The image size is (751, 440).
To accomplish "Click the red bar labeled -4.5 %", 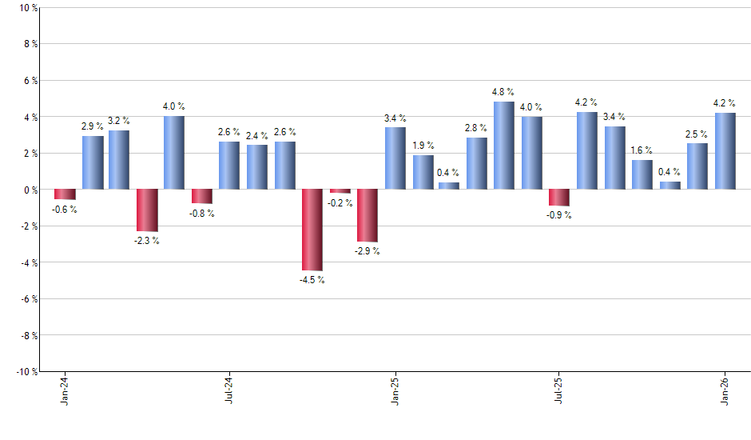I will point(312,230).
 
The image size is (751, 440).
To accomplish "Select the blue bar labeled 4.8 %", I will point(504,146).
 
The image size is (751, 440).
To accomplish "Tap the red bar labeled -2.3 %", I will point(147,210).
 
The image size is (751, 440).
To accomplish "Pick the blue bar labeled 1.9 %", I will point(423,172).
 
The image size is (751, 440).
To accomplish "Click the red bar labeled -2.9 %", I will point(368,215).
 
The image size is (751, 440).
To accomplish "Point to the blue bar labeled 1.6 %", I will point(642,174).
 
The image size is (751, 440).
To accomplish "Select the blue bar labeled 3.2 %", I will point(119,160).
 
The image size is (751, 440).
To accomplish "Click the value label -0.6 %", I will point(65,210).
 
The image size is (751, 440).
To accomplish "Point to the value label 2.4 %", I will point(257,135).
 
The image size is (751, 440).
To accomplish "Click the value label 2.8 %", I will point(477,128).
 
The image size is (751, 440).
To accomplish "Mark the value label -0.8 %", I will point(202,214).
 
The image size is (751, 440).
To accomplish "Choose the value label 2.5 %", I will point(697,134).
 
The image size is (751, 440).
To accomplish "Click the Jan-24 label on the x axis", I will point(65,390).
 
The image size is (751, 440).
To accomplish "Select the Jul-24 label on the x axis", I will point(230,390).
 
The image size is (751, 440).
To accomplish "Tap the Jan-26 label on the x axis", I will point(725,390).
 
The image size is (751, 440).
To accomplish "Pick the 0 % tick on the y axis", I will point(29,190).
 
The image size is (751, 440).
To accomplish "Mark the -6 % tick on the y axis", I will point(26,299).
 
